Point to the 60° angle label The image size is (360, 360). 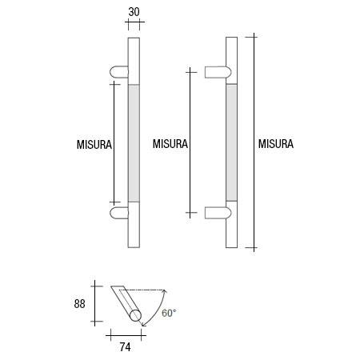coord(169,313)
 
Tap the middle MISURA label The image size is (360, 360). coord(169,145)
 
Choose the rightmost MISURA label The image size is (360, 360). coord(277,145)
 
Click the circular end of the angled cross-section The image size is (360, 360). coord(136,317)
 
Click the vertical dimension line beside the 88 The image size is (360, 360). coord(95,303)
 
